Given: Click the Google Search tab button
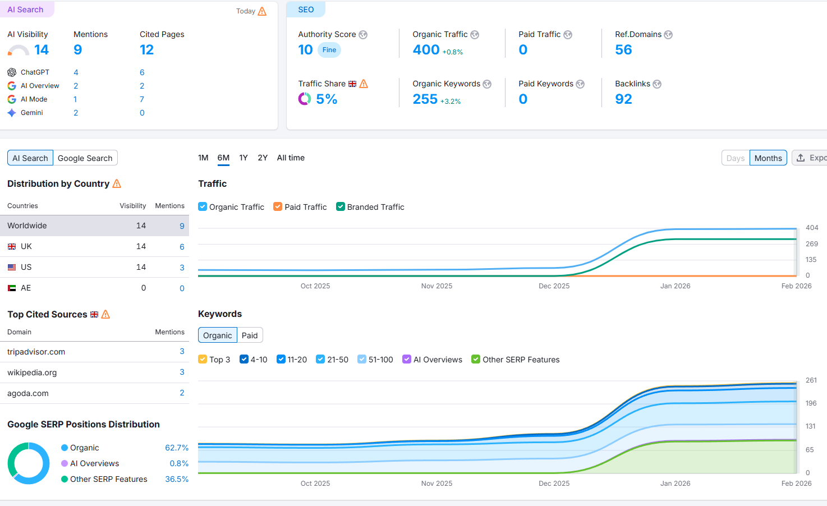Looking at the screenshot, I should click(x=85, y=158).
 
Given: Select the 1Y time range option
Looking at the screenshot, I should click(x=243, y=158).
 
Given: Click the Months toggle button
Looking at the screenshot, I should click(x=768, y=158).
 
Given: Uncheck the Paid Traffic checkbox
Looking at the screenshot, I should click(x=278, y=206).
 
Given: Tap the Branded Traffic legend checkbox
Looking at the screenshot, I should click(x=341, y=206).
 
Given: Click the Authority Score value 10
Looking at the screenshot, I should click(x=305, y=50).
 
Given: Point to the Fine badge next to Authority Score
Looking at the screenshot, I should click(x=329, y=50).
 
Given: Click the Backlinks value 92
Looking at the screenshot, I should click(x=623, y=99).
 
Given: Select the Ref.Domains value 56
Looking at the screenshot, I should click(x=623, y=50).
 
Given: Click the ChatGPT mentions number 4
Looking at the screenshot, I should click(x=76, y=72).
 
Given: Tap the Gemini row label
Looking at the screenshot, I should click(x=32, y=113).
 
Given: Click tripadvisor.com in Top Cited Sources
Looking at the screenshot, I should click(x=36, y=352).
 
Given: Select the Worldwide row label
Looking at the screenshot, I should click(x=27, y=226).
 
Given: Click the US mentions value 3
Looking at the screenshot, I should click(x=182, y=268).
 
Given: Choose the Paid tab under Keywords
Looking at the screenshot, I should click(x=250, y=335).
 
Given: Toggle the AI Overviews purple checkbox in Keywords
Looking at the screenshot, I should click(x=407, y=359).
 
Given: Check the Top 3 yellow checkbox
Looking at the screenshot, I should click(x=203, y=359).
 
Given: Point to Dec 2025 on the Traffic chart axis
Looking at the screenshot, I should click(x=554, y=286).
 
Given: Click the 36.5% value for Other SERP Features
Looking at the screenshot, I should click(x=177, y=479).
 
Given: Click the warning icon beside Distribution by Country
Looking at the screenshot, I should click(x=117, y=184).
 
